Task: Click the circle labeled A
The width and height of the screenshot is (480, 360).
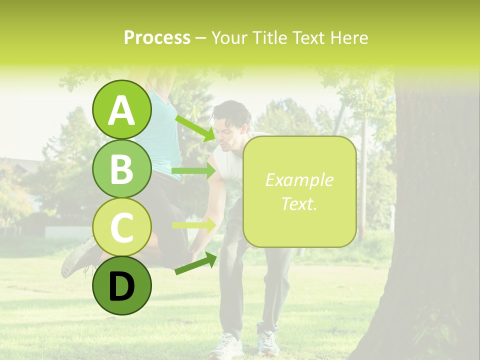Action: point(122,110)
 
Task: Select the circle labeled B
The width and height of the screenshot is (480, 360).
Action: point(122,169)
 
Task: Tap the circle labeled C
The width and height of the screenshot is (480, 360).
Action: point(122,227)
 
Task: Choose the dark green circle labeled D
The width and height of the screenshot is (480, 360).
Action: point(122,285)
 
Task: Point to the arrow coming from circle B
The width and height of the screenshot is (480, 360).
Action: point(194,171)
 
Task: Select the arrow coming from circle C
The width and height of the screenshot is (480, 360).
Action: point(194,225)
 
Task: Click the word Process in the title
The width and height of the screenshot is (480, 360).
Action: point(157,37)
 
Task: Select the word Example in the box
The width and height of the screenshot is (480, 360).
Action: point(299,180)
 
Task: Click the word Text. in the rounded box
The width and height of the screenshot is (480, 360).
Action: point(299,203)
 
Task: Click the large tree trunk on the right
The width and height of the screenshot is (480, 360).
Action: point(435,225)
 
